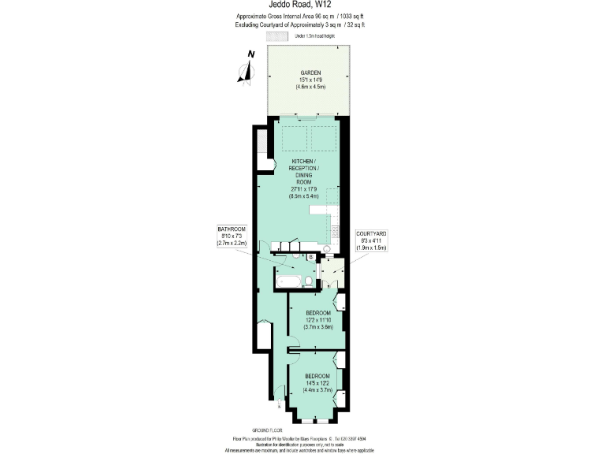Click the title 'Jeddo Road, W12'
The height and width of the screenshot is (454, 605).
pos(302,5)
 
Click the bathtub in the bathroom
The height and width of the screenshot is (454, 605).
pos(288,281)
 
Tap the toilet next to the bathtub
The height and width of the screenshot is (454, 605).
pos(309,281)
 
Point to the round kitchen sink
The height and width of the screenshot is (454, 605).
pos(327,248)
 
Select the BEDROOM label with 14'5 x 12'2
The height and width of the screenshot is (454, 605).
pos(317,375)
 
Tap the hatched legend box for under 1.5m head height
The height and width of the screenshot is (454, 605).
pos(277,36)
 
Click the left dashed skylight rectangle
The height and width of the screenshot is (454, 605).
pos(295,138)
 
